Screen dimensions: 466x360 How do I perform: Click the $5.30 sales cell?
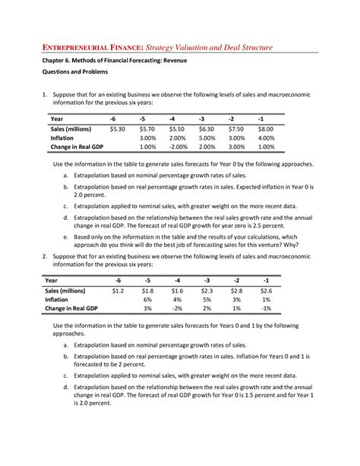[x=116, y=129]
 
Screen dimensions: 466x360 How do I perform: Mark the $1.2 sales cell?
[x=116, y=290]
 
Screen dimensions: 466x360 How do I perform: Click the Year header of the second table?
[x=56, y=280]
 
